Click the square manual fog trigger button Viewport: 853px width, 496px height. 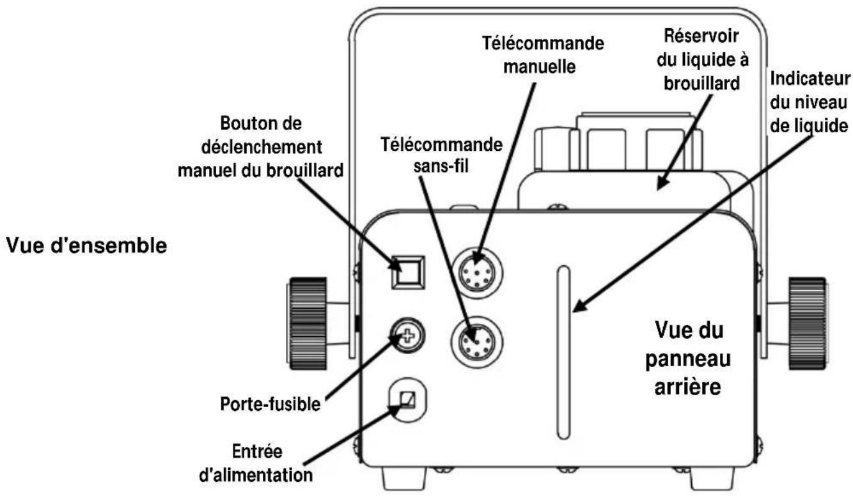click(408, 272)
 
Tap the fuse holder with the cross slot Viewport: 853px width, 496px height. click(407, 336)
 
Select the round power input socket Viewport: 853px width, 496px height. click(407, 400)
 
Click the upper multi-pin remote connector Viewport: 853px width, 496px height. click(477, 272)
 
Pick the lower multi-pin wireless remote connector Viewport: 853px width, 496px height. click(477, 342)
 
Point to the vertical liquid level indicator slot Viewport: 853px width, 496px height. click(563, 352)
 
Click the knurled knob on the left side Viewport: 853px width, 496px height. click(307, 323)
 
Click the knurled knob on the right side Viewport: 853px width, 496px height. click(808, 323)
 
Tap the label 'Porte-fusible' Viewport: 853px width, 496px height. click(270, 404)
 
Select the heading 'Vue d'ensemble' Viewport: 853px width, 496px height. click(86, 245)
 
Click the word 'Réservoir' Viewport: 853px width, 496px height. click(701, 36)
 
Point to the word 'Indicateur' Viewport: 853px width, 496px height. click(810, 79)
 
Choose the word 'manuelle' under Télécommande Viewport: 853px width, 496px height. click(540, 66)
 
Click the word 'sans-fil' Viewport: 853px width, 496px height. click(441, 166)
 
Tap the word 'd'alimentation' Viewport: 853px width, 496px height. click(256, 475)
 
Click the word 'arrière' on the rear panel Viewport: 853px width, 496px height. click(688, 387)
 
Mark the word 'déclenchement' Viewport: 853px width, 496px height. click(262, 147)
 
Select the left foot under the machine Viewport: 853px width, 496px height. click(403, 478)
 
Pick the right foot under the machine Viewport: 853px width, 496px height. click(712, 478)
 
